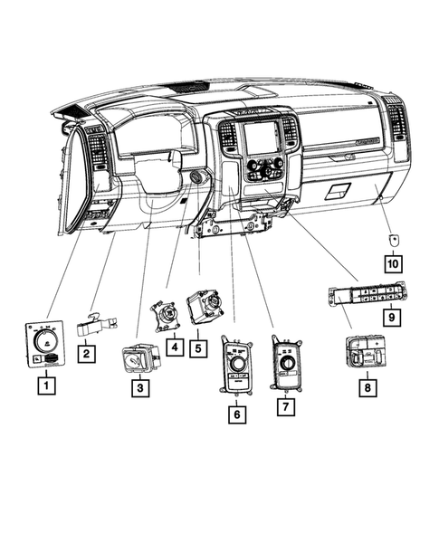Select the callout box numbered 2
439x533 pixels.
click(85, 354)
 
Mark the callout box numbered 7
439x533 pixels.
click(287, 408)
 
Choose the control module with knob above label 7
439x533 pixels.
click(287, 363)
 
